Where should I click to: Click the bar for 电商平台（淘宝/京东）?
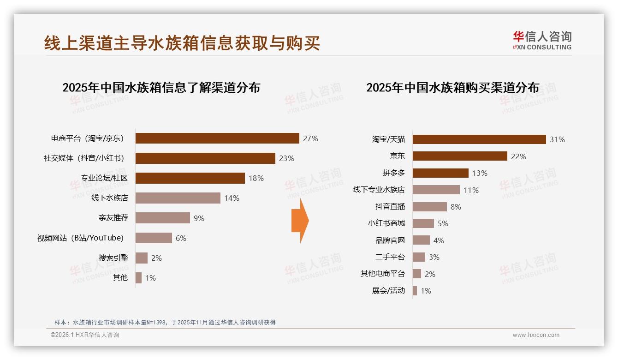pyautogui.click(x=217, y=138)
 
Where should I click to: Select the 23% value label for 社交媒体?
pyautogui.click(x=286, y=158)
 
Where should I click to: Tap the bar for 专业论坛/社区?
pyautogui.click(x=190, y=178)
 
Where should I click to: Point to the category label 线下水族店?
pyautogui.click(x=110, y=198)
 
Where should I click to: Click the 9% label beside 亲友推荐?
pyautogui.click(x=199, y=218)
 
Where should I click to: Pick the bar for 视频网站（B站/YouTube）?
pyautogui.click(x=154, y=238)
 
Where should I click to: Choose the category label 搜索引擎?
pyautogui.click(x=113, y=258)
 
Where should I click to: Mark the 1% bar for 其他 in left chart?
pyautogui.click(x=138, y=278)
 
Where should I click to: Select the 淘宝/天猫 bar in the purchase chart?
pyautogui.click(x=479, y=139)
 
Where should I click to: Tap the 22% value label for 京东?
pyautogui.click(x=518, y=156)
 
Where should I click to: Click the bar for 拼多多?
pyautogui.click(x=440, y=173)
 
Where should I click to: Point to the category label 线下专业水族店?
pyautogui.click(x=379, y=190)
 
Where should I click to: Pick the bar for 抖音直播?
pyautogui.click(x=429, y=207)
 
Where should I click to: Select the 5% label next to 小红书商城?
pyautogui.click(x=443, y=223)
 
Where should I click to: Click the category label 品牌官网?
pyautogui.click(x=390, y=240)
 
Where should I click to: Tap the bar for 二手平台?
pyautogui.click(x=419, y=257)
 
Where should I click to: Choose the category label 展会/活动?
pyautogui.click(x=388, y=291)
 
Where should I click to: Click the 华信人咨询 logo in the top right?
pyautogui.click(x=542, y=41)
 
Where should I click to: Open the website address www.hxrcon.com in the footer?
pyautogui.click(x=536, y=335)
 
